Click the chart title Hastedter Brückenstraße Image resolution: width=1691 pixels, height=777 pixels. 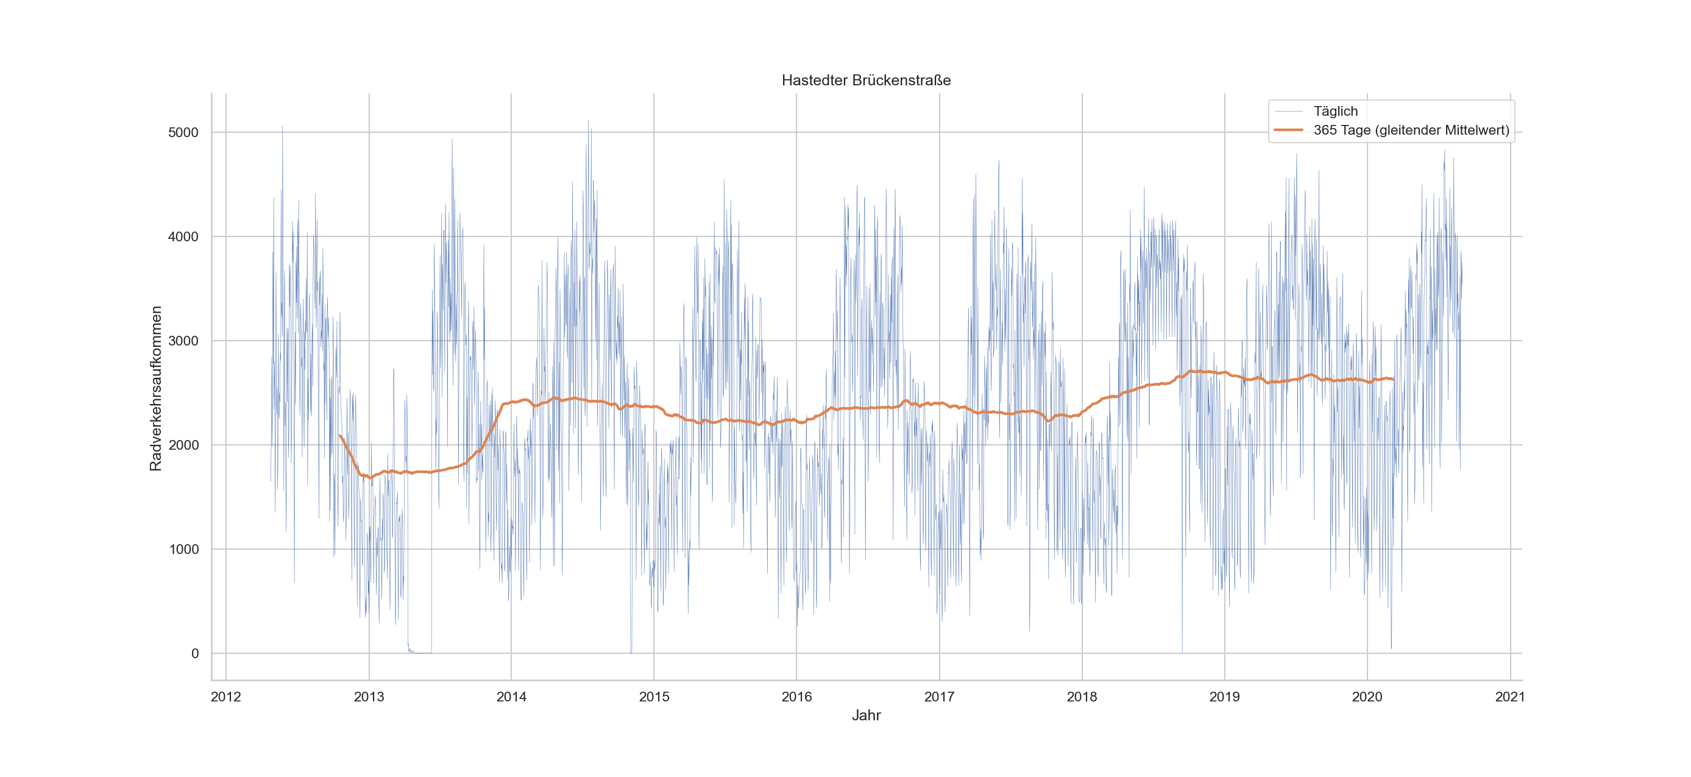click(866, 80)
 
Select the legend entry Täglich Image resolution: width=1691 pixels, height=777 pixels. click(1335, 111)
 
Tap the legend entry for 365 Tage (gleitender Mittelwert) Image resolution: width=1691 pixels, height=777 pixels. click(1411, 130)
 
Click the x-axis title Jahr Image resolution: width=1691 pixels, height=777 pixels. click(866, 715)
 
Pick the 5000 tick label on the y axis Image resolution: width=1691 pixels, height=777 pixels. click(183, 133)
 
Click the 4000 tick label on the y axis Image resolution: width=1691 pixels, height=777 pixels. click(183, 237)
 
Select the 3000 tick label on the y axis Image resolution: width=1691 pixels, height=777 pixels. click(183, 341)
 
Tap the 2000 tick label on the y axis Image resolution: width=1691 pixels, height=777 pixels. click(183, 445)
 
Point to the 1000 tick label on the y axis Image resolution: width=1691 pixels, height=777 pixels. click(183, 549)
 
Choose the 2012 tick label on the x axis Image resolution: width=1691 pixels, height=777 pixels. click(226, 697)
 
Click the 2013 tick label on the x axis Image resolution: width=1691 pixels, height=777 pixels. click(369, 697)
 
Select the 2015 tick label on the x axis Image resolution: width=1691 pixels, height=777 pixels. click(654, 697)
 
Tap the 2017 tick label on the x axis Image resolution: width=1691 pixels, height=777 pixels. click(940, 697)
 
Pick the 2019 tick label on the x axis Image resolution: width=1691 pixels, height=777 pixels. click(1224, 697)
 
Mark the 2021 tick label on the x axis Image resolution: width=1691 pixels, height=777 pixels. click(1510, 697)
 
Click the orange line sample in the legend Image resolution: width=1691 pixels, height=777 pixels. click(1288, 130)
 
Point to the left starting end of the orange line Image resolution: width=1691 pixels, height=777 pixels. click(340, 436)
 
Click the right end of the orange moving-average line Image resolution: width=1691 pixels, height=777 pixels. click(1393, 379)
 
